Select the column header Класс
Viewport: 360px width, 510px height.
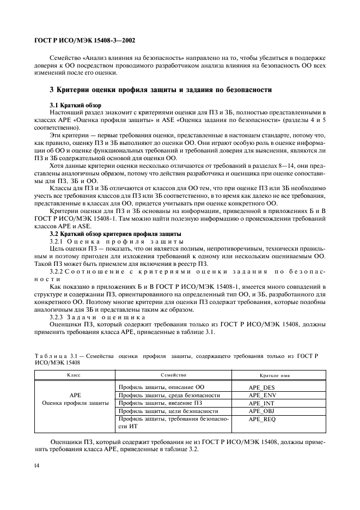point(75,375)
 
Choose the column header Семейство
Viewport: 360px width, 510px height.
point(174,375)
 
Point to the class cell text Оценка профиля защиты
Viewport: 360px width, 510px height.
point(75,403)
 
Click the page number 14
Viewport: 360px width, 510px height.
point(36,465)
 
